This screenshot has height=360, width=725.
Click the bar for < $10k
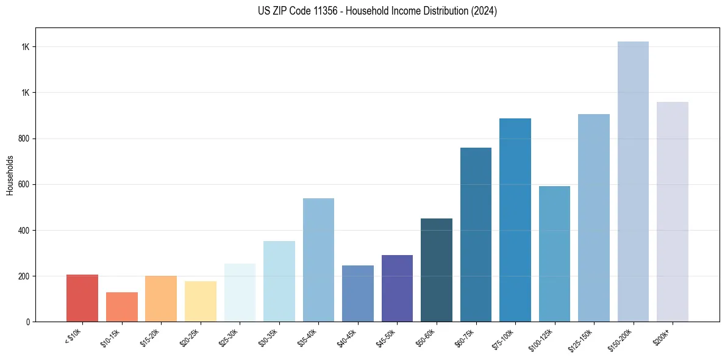click(x=82, y=298)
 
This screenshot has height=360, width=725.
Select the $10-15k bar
click(x=121, y=307)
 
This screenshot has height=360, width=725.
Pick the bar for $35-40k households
click(x=318, y=260)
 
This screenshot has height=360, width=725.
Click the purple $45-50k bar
click(x=397, y=288)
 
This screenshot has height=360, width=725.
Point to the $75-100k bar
click(x=515, y=220)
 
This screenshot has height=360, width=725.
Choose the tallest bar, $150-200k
click(x=633, y=181)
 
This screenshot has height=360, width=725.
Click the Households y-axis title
click(x=10, y=175)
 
